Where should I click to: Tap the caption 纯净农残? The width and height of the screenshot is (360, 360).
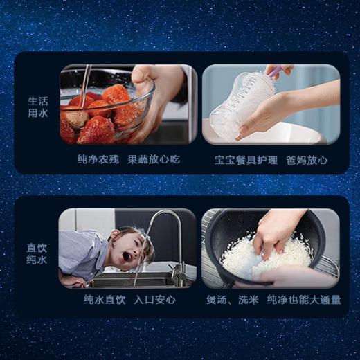click(98, 159)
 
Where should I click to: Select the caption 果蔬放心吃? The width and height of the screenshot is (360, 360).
click(153, 159)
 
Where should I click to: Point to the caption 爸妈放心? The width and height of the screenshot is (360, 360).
click(308, 159)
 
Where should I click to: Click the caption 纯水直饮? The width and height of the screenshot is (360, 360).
click(105, 300)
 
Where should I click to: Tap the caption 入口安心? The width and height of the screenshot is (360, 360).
click(155, 300)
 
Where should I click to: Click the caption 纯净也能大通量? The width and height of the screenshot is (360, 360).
click(303, 300)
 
